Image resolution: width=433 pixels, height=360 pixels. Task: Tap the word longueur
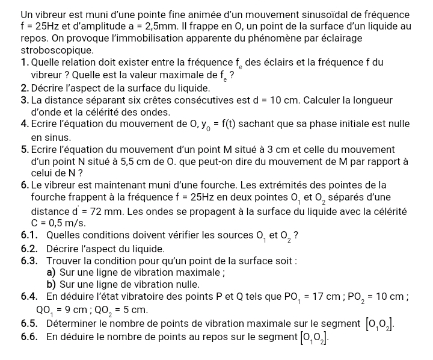pyautogui.click(x=373, y=100)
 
